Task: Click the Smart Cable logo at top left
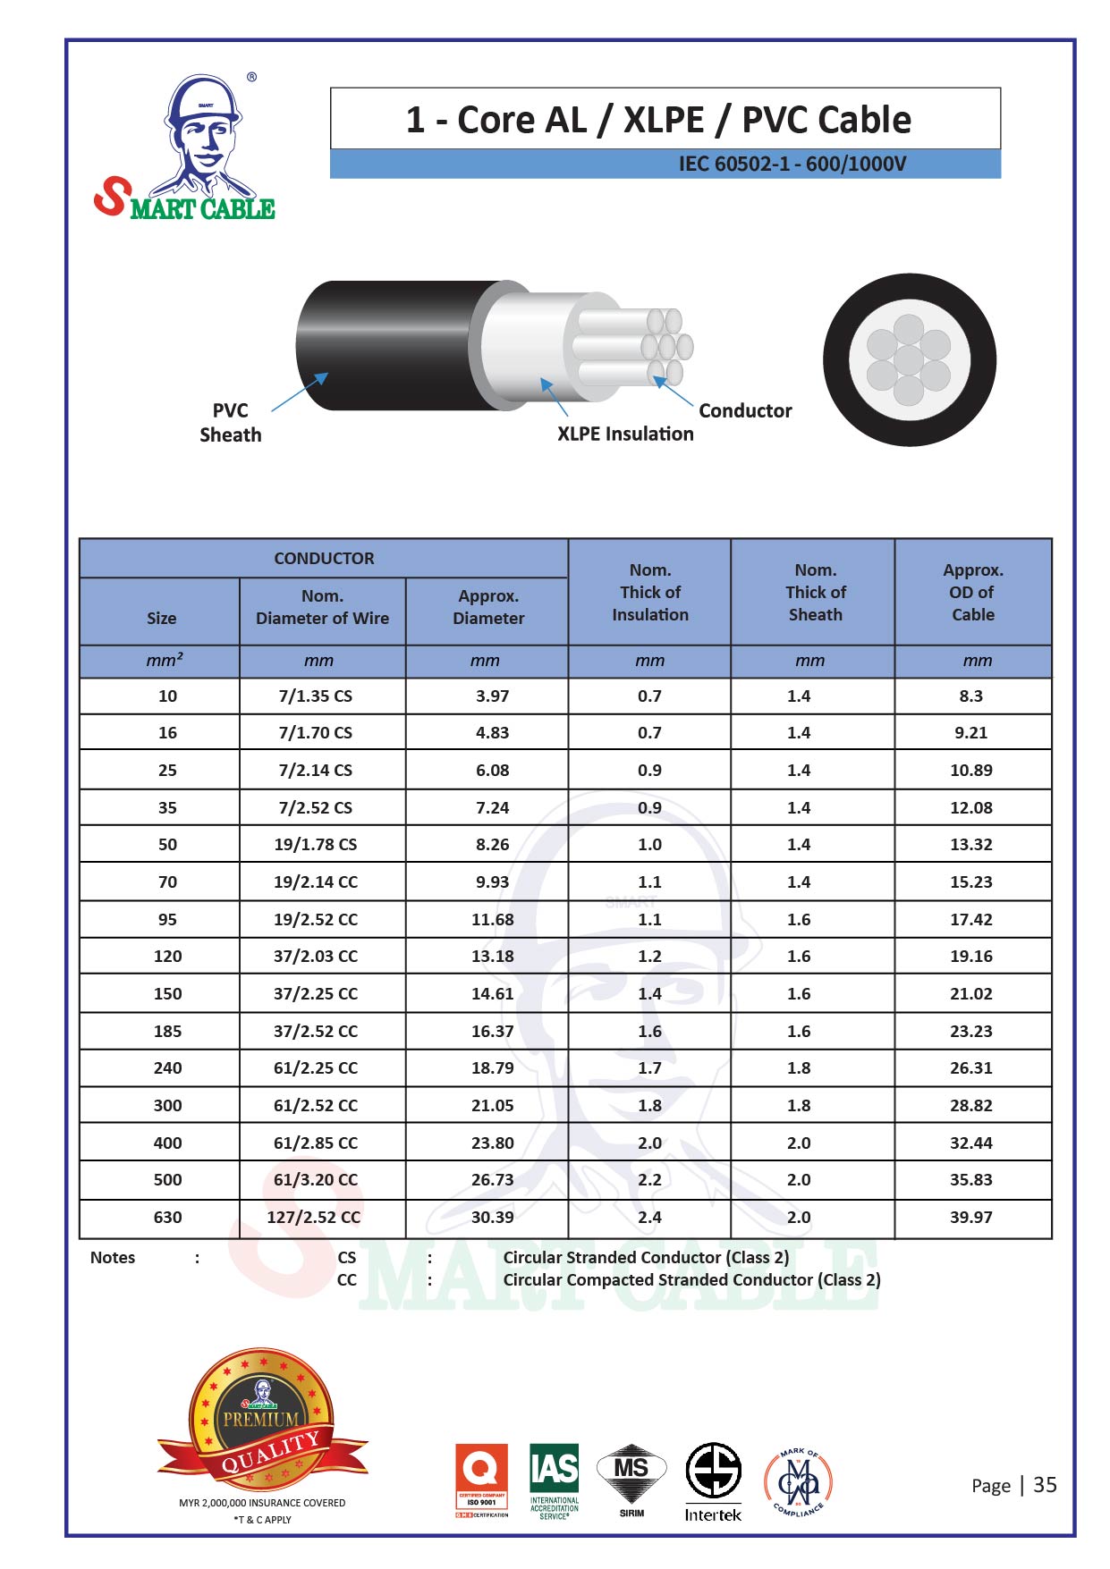(184, 147)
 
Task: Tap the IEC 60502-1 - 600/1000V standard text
(792, 164)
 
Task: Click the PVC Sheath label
(231, 423)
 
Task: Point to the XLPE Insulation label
(625, 434)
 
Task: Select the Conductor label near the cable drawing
(745, 410)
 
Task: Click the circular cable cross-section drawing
(910, 359)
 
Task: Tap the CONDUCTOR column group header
(324, 558)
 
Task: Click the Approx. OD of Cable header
(973, 592)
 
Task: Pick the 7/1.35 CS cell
(316, 696)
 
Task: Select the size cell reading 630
(167, 1217)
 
